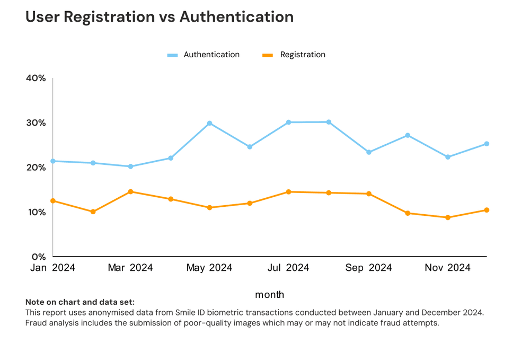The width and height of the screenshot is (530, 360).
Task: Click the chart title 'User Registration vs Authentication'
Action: coord(160,17)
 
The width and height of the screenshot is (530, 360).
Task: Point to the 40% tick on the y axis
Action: coord(36,78)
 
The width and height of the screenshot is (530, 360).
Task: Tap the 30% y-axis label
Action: coord(36,123)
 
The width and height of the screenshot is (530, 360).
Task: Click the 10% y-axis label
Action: coord(36,212)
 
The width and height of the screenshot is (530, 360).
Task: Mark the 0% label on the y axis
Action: coord(39,257)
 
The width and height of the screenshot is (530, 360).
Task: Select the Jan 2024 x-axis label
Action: coord(52,268)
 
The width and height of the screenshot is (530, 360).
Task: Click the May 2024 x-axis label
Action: coord(209,268)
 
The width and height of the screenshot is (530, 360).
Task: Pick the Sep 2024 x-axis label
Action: coord(368,268)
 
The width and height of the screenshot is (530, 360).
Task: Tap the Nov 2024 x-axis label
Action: coord(447,268)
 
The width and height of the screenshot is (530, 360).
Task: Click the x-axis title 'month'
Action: coord(269,295)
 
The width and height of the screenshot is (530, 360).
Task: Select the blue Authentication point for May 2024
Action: coord(210,123)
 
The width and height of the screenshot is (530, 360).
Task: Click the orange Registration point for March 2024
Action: coord(130,191)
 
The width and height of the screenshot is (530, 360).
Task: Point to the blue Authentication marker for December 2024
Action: coord(487,144)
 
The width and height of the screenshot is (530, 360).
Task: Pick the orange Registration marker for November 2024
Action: coord(448,217)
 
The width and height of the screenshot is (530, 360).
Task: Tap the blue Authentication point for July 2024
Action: coord(289,122)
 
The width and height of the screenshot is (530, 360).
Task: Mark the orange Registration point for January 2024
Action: coord(53,201)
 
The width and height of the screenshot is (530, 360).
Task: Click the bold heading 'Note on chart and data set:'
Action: coord(80,302)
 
